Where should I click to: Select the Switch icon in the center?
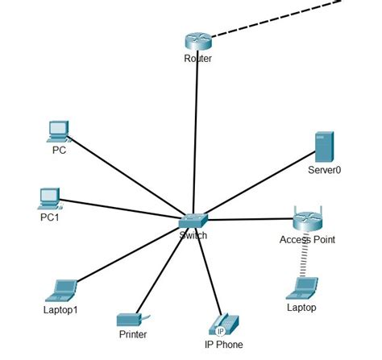click(193, 220)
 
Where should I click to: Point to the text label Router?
click(197, 59)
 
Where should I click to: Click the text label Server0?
click(325, 171)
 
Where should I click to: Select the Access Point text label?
click(307, 239)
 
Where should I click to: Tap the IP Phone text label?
click(223, 344)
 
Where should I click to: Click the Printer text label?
click(132, 334)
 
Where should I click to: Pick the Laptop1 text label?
click(62, 308)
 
